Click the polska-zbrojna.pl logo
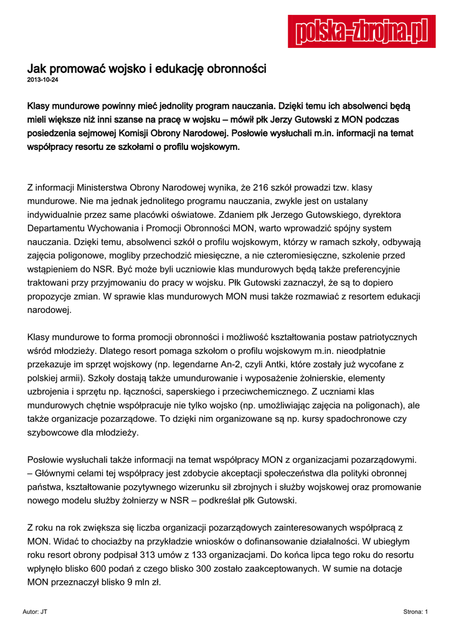(361, 31)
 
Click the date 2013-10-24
(42, 80)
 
